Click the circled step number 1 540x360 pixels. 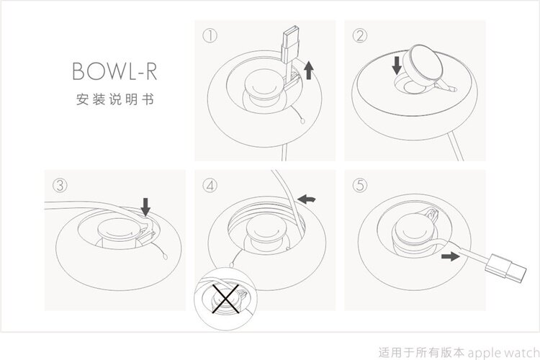(210, 36)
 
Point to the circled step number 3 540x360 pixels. (60, 185)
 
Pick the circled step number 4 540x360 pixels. (210, 185)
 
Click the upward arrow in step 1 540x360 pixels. (309, 70)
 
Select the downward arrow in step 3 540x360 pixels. (145, 207)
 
